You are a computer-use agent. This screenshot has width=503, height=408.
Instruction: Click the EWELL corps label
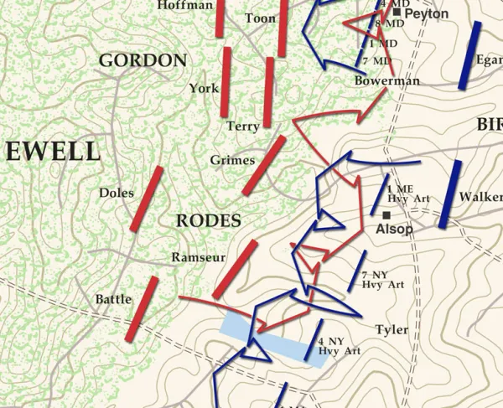point(53,152)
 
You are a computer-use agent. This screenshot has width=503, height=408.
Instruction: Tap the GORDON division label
point(143,60)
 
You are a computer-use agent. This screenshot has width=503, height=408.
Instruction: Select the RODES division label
point(209,221)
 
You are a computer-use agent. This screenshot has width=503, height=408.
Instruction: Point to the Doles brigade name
point(116,192)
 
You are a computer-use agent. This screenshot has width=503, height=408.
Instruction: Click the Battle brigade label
point(112,299)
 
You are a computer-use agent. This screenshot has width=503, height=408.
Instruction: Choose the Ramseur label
point(197,257)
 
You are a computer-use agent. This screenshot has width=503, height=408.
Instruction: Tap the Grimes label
point(231,159)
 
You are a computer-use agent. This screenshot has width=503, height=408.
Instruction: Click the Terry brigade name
point(243,127)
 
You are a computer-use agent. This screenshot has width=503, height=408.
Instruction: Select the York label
point(204,88)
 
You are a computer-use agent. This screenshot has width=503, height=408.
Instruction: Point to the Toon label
point(260,18)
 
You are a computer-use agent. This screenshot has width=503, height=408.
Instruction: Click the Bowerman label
point(386,81)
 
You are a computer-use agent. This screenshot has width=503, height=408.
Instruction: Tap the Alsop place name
point(394,229)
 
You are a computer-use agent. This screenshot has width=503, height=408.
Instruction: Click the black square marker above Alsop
point(386,215)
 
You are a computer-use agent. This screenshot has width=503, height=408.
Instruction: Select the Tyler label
point(392,329)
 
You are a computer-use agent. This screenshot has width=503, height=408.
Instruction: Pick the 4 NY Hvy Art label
point(340,345)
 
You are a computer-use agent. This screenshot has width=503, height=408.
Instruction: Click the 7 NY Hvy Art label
point(382,280)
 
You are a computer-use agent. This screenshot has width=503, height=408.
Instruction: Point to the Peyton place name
point(426,14)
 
